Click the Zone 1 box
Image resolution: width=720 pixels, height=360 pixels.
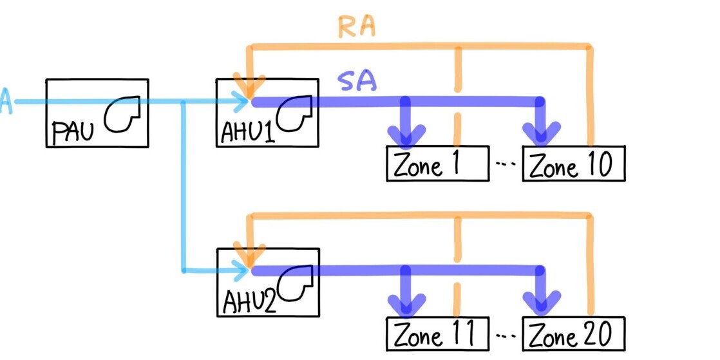point(436,164)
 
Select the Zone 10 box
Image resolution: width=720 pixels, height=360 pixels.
point(573,164)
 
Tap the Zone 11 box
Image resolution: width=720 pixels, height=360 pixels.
point(436,334)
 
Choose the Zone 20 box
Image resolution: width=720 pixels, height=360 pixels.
point(573,334)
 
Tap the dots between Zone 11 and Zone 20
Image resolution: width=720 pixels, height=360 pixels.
point(507,336)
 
